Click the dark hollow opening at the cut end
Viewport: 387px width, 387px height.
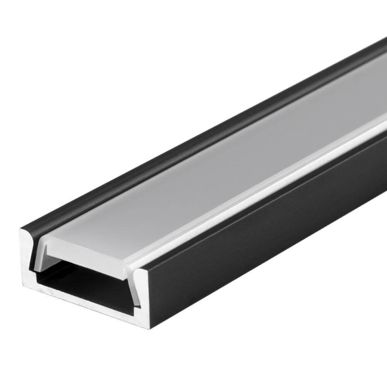[87, 281]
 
